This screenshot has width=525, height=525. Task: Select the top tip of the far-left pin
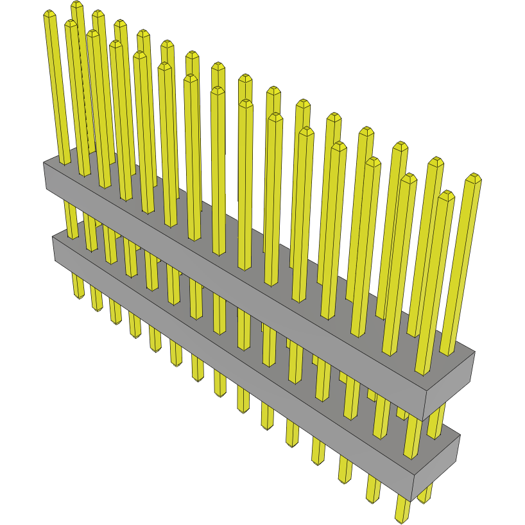[50, 13]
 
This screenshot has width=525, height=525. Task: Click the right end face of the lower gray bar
[436, 465]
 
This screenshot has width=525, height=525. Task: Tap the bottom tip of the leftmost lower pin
[78, 297]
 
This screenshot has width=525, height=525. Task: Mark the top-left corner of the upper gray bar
[44, 162]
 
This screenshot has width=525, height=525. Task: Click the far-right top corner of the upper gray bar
[475, 352]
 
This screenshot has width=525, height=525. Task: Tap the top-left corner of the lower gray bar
[53, 236]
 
